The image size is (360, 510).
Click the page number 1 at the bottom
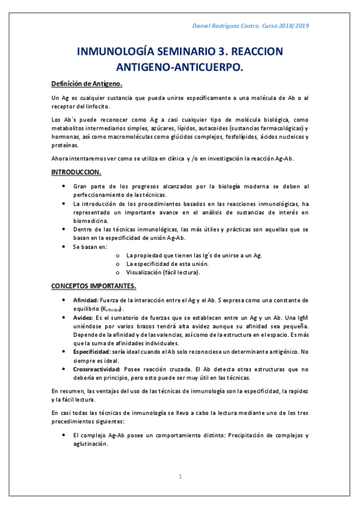pos(180,477)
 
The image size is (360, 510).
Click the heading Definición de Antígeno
pos(87,84)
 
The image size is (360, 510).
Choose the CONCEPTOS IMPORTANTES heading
pos(93,284)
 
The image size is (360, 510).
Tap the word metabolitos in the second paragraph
pos(70,129)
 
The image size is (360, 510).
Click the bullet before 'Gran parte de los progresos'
pos(64,187)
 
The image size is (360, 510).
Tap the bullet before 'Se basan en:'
pos(64,247)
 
